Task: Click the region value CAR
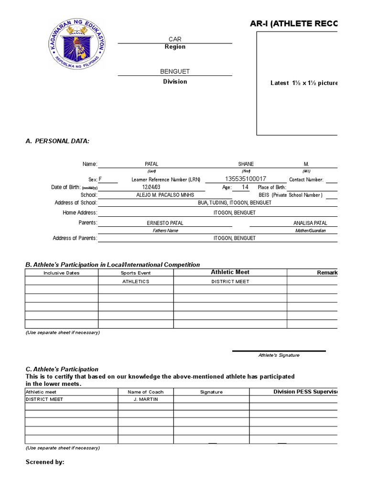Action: point(175,39)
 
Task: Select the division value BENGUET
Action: point(175,71)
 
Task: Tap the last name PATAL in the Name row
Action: point(151,164)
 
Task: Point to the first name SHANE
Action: point(246,164)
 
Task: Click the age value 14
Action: point(245,187)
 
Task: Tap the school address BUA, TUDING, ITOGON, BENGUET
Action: point(235,203)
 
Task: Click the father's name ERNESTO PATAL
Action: point(165,223)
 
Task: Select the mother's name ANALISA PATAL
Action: point(310,223)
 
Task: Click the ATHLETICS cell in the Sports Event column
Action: point(136,282)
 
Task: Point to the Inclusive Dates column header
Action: point(62,273)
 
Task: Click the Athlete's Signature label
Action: point(279,355)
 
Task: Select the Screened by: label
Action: point(45,462)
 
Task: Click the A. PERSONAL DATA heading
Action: point(57,141)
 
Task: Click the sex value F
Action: point(100,180)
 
